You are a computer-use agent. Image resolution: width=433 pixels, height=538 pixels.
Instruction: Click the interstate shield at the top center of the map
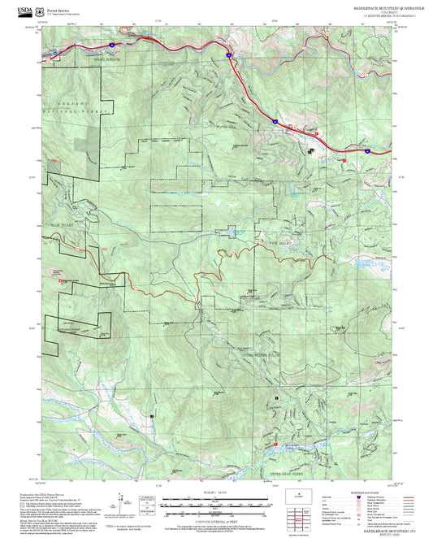[x=230, y=54]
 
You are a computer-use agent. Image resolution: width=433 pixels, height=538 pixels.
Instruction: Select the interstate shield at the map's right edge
[x=366, y=150]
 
